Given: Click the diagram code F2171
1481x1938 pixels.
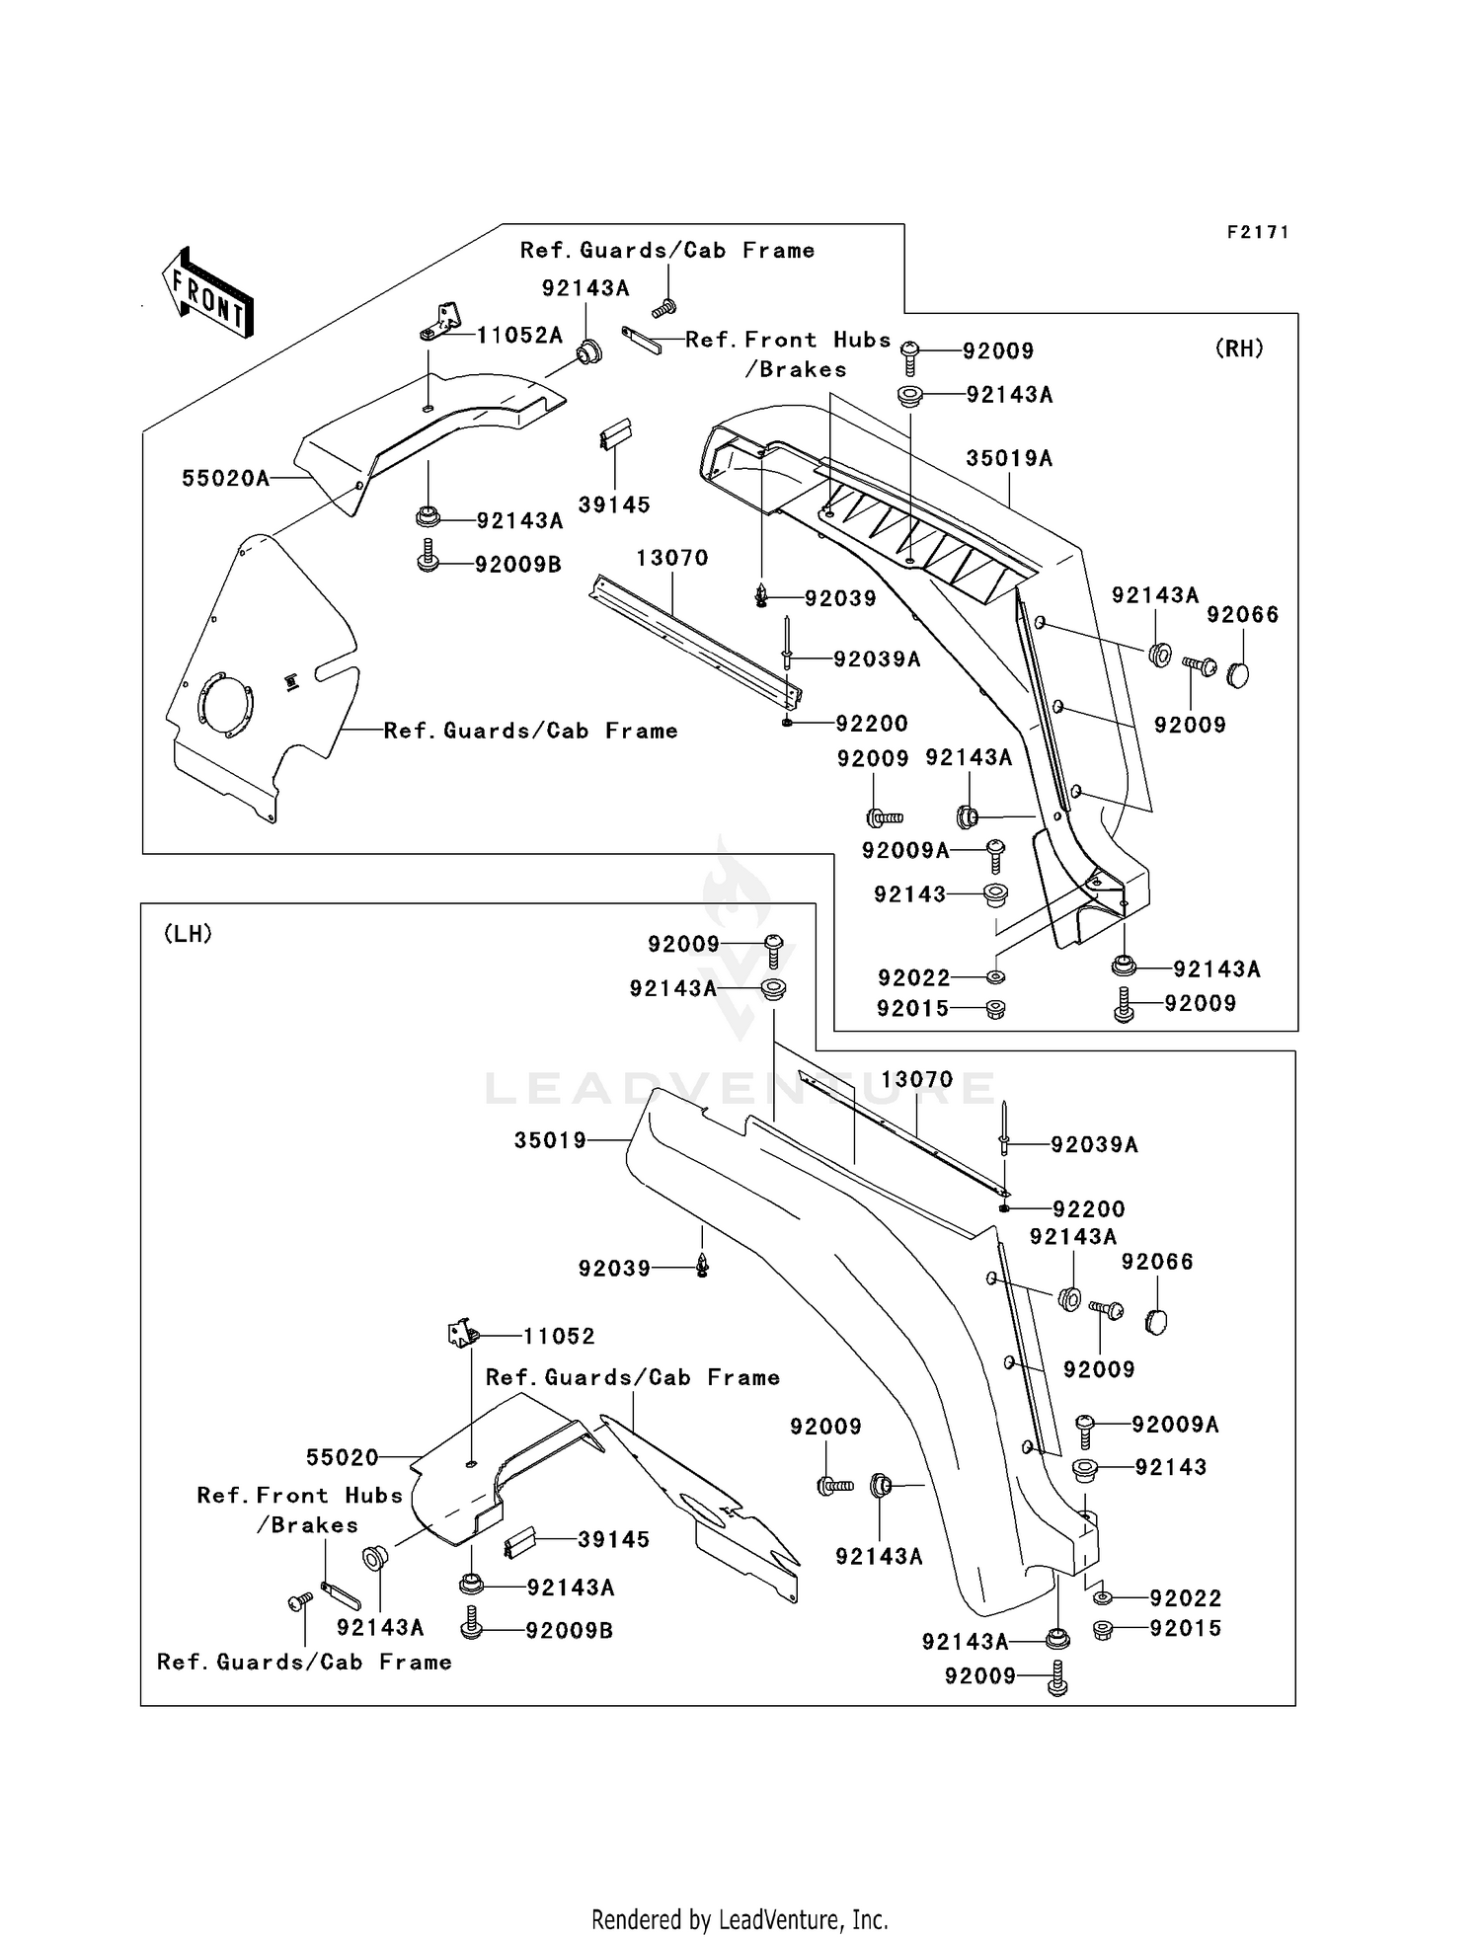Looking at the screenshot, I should [1258, 233].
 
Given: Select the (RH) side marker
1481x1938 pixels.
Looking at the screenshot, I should [1238, 349].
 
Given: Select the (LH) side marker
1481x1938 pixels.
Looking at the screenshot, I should [188, 934].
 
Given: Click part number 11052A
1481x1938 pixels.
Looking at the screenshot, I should [519, 336].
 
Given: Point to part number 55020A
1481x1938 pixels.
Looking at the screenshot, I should [225, 479].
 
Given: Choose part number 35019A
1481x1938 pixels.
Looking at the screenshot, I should [1009, 459].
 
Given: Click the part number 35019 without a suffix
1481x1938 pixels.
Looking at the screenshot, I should [550, 1141].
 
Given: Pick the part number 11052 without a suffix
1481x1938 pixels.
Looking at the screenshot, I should [559, 1337].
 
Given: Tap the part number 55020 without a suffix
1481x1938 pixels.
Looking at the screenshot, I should [343, 1458].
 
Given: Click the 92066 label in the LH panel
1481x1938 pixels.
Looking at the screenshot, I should [1157, 1262].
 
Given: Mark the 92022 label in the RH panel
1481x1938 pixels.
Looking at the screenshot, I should [914, 978].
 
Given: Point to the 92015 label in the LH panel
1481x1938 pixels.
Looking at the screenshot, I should [1186, 1629].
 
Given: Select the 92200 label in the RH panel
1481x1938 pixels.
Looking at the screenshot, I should [872, 724].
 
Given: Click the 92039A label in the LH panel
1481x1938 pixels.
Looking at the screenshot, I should [1094, 1145].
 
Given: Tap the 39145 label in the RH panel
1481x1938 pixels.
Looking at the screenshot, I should [614, 505].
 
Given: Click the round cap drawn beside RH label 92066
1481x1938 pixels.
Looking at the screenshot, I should [1237, 675].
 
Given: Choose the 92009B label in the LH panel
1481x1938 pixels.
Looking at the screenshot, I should [570, 1631].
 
